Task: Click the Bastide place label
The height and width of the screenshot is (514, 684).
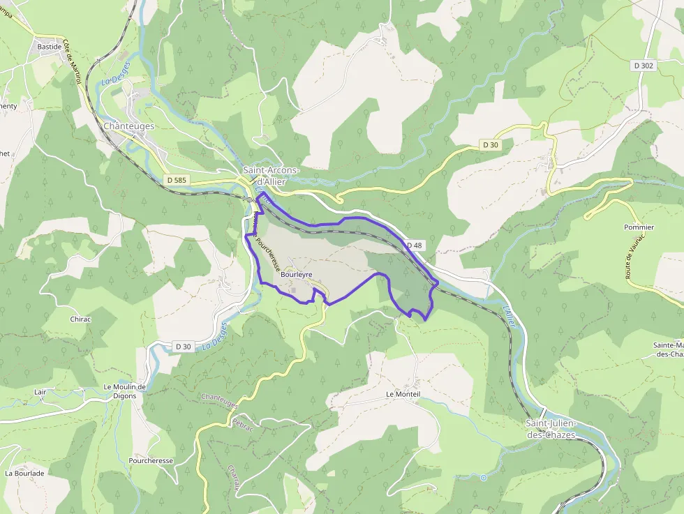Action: [50, 47]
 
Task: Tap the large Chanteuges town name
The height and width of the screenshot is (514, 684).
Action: [128, 126]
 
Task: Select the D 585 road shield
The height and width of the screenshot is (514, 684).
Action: [177, 180]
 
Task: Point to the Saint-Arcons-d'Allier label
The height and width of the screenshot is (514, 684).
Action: [271, 175]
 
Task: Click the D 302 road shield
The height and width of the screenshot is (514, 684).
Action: [644, 65]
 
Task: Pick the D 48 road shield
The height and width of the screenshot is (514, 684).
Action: [414, 245]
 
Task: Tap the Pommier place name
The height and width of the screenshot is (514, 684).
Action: [639, 227]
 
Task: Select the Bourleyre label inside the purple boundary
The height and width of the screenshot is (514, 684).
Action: [296, 275]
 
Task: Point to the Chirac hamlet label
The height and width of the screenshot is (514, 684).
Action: [80, 319]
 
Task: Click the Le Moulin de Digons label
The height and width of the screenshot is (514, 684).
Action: [124, 391]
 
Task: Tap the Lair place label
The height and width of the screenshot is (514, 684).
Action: [40, 392]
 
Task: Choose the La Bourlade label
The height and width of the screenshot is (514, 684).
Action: [24, 473]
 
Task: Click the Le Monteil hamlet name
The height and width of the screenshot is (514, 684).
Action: [403, 394]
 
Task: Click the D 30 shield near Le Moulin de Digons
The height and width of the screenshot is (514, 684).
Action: [183, 347]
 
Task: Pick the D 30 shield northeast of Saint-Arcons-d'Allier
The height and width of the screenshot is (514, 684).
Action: [491, 144]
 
